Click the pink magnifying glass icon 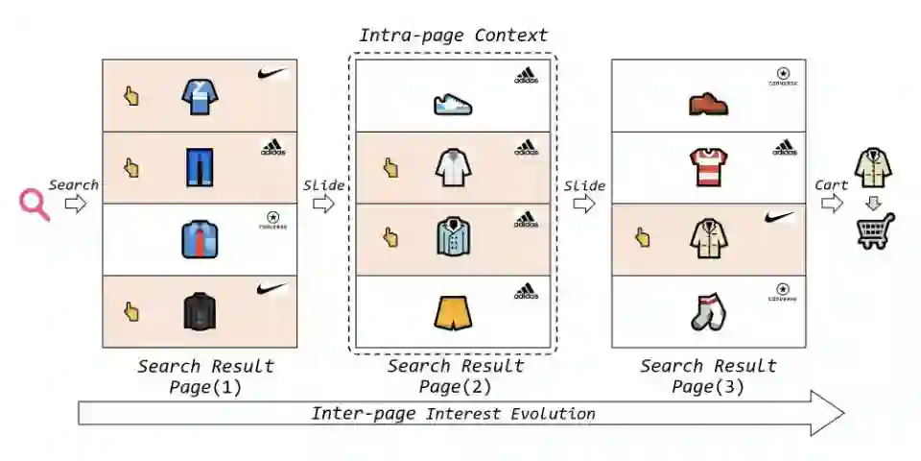pos(34,204)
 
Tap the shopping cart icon pos(875,230)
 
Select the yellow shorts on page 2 pos(453,311)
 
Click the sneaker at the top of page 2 pos(453,104)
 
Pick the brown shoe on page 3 pos(709,103)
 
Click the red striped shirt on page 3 pos(709,166)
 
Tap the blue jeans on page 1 pos(200,166)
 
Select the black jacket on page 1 pos(200,311)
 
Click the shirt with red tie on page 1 pos(200,239)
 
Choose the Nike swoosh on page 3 pos(780,218)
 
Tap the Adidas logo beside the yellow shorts pos(525,291)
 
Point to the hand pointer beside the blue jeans pos(131,167)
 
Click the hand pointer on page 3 pos(643,237)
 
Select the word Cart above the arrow pos(831,184)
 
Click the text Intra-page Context pos(453,36)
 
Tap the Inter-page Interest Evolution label pos(453,414)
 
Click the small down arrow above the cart pos(873,203)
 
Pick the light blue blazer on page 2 pos(453,238)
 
